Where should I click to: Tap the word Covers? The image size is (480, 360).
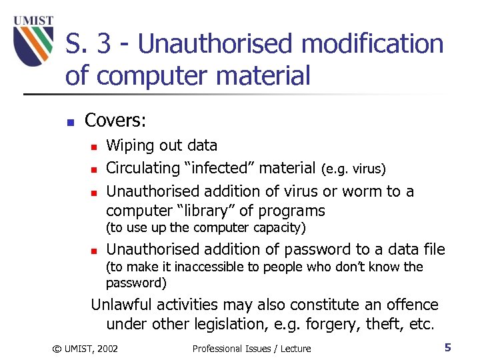tap(115, 120)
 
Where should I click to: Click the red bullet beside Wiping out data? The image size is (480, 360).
tap(94, 147)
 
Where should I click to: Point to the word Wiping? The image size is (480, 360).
tap(129, 146)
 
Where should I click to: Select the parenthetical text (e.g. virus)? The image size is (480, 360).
tap(353, 169)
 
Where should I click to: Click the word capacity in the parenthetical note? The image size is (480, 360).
tap(279, 228)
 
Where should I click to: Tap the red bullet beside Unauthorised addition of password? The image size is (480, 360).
tap(94, 251)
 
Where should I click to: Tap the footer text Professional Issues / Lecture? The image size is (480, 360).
tap(251, 348)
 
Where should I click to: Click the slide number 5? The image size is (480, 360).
tap(448, 347)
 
